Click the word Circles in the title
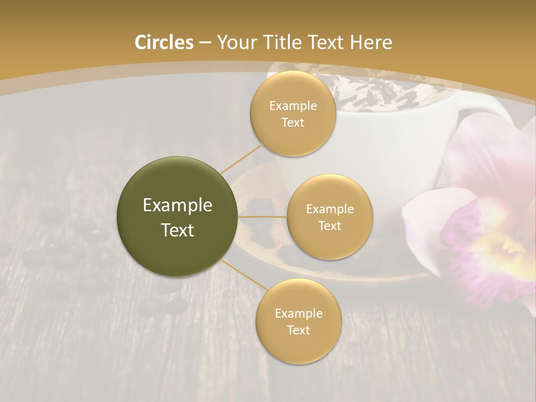[164, 42]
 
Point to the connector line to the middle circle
[262, 217]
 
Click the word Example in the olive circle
[178, 205]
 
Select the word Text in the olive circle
[178, 230]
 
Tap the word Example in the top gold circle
[293, 106]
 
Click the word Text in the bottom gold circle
[298, 330]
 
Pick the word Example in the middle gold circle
[330, 209]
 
